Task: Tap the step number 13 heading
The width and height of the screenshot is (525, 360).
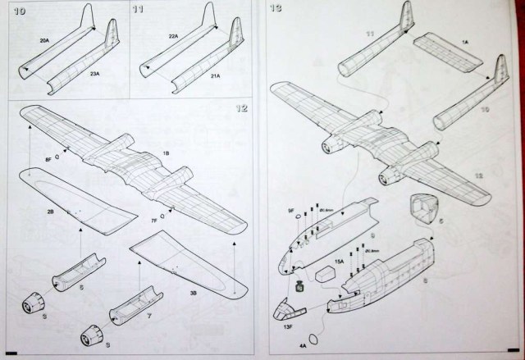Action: coord(276,10)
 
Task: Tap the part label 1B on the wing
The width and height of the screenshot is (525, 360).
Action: coord(166,153)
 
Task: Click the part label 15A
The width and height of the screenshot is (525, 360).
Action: coord(339,262)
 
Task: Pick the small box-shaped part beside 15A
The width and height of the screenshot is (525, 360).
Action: coord(324,276)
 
